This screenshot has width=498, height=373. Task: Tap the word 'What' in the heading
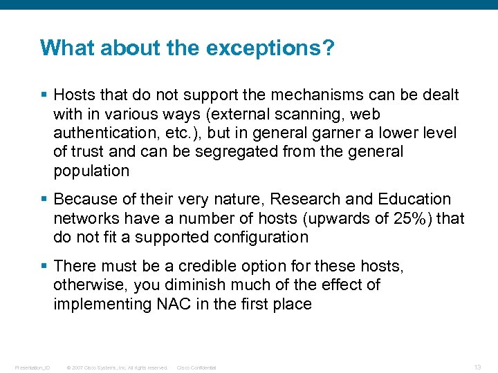coord(61,48)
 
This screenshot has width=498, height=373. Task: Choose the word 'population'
coord(91,171)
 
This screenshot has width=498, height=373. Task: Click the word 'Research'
coord(305,200)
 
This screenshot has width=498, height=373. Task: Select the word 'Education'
coord(414,200)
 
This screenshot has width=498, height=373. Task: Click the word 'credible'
coord(206,266)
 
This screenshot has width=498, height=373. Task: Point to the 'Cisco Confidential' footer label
coord(196,367)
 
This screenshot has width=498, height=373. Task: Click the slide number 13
coord(478,367)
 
